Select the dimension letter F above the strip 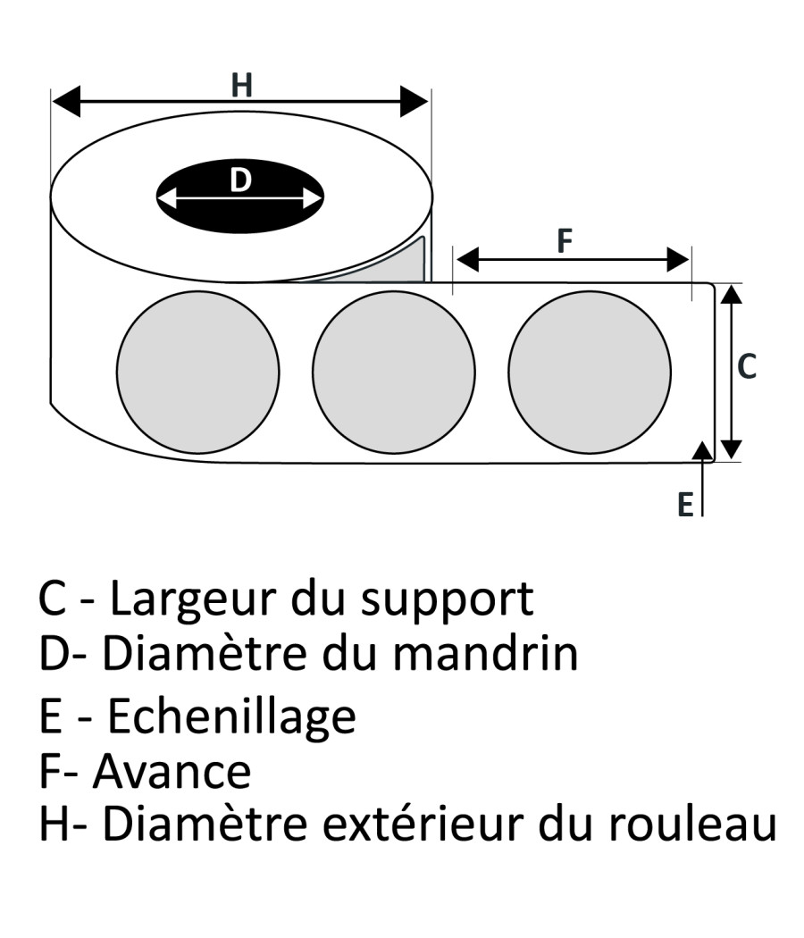pyautogui.click(x=565, y=241)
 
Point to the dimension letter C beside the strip pyautogui.click(x=746, y=365)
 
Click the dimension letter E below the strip pyautogui.click(x=685, y=505)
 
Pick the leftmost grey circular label pyautogui.click(x=197, y=372)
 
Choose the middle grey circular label pyautogui.click(x=393, y=372)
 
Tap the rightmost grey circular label pyautogui.click(x=590, y=372)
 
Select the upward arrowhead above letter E pyautogui.click(x=704, y=451)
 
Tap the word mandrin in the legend pyautogui.click(x=486, y=654)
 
